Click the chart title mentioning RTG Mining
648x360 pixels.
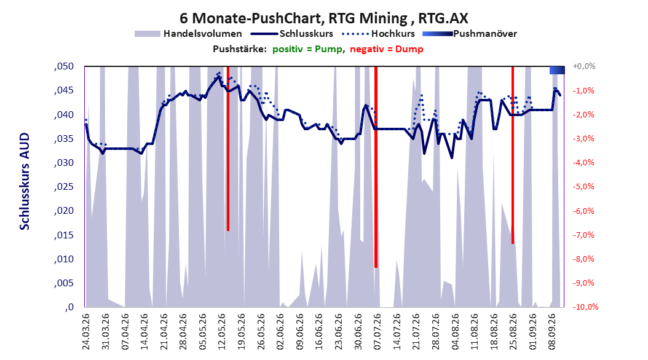coord(324,18)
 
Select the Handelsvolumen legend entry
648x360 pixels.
coord(189,34)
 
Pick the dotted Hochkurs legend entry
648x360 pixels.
coord(379,34)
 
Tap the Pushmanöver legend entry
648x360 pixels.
coord(470,34)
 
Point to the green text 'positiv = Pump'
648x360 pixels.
coord(307,49)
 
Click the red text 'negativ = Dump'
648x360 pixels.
coord(387,49)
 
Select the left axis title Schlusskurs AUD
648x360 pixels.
coord(25,181)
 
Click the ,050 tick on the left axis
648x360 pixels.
coord(64,66)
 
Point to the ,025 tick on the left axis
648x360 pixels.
coord(64,187)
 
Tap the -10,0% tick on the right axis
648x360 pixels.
coord(585,307)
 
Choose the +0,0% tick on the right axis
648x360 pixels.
coord(584,66)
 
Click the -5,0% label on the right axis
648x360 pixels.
coord(583,187)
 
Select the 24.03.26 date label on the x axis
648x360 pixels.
coord(86,332)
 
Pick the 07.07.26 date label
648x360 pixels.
coord(377,332)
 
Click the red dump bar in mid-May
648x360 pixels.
coord(227,149)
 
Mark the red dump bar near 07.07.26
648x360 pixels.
coord(376,167)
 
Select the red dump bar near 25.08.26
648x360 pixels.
coord(513,155)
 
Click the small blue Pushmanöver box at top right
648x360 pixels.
coord(557,70)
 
